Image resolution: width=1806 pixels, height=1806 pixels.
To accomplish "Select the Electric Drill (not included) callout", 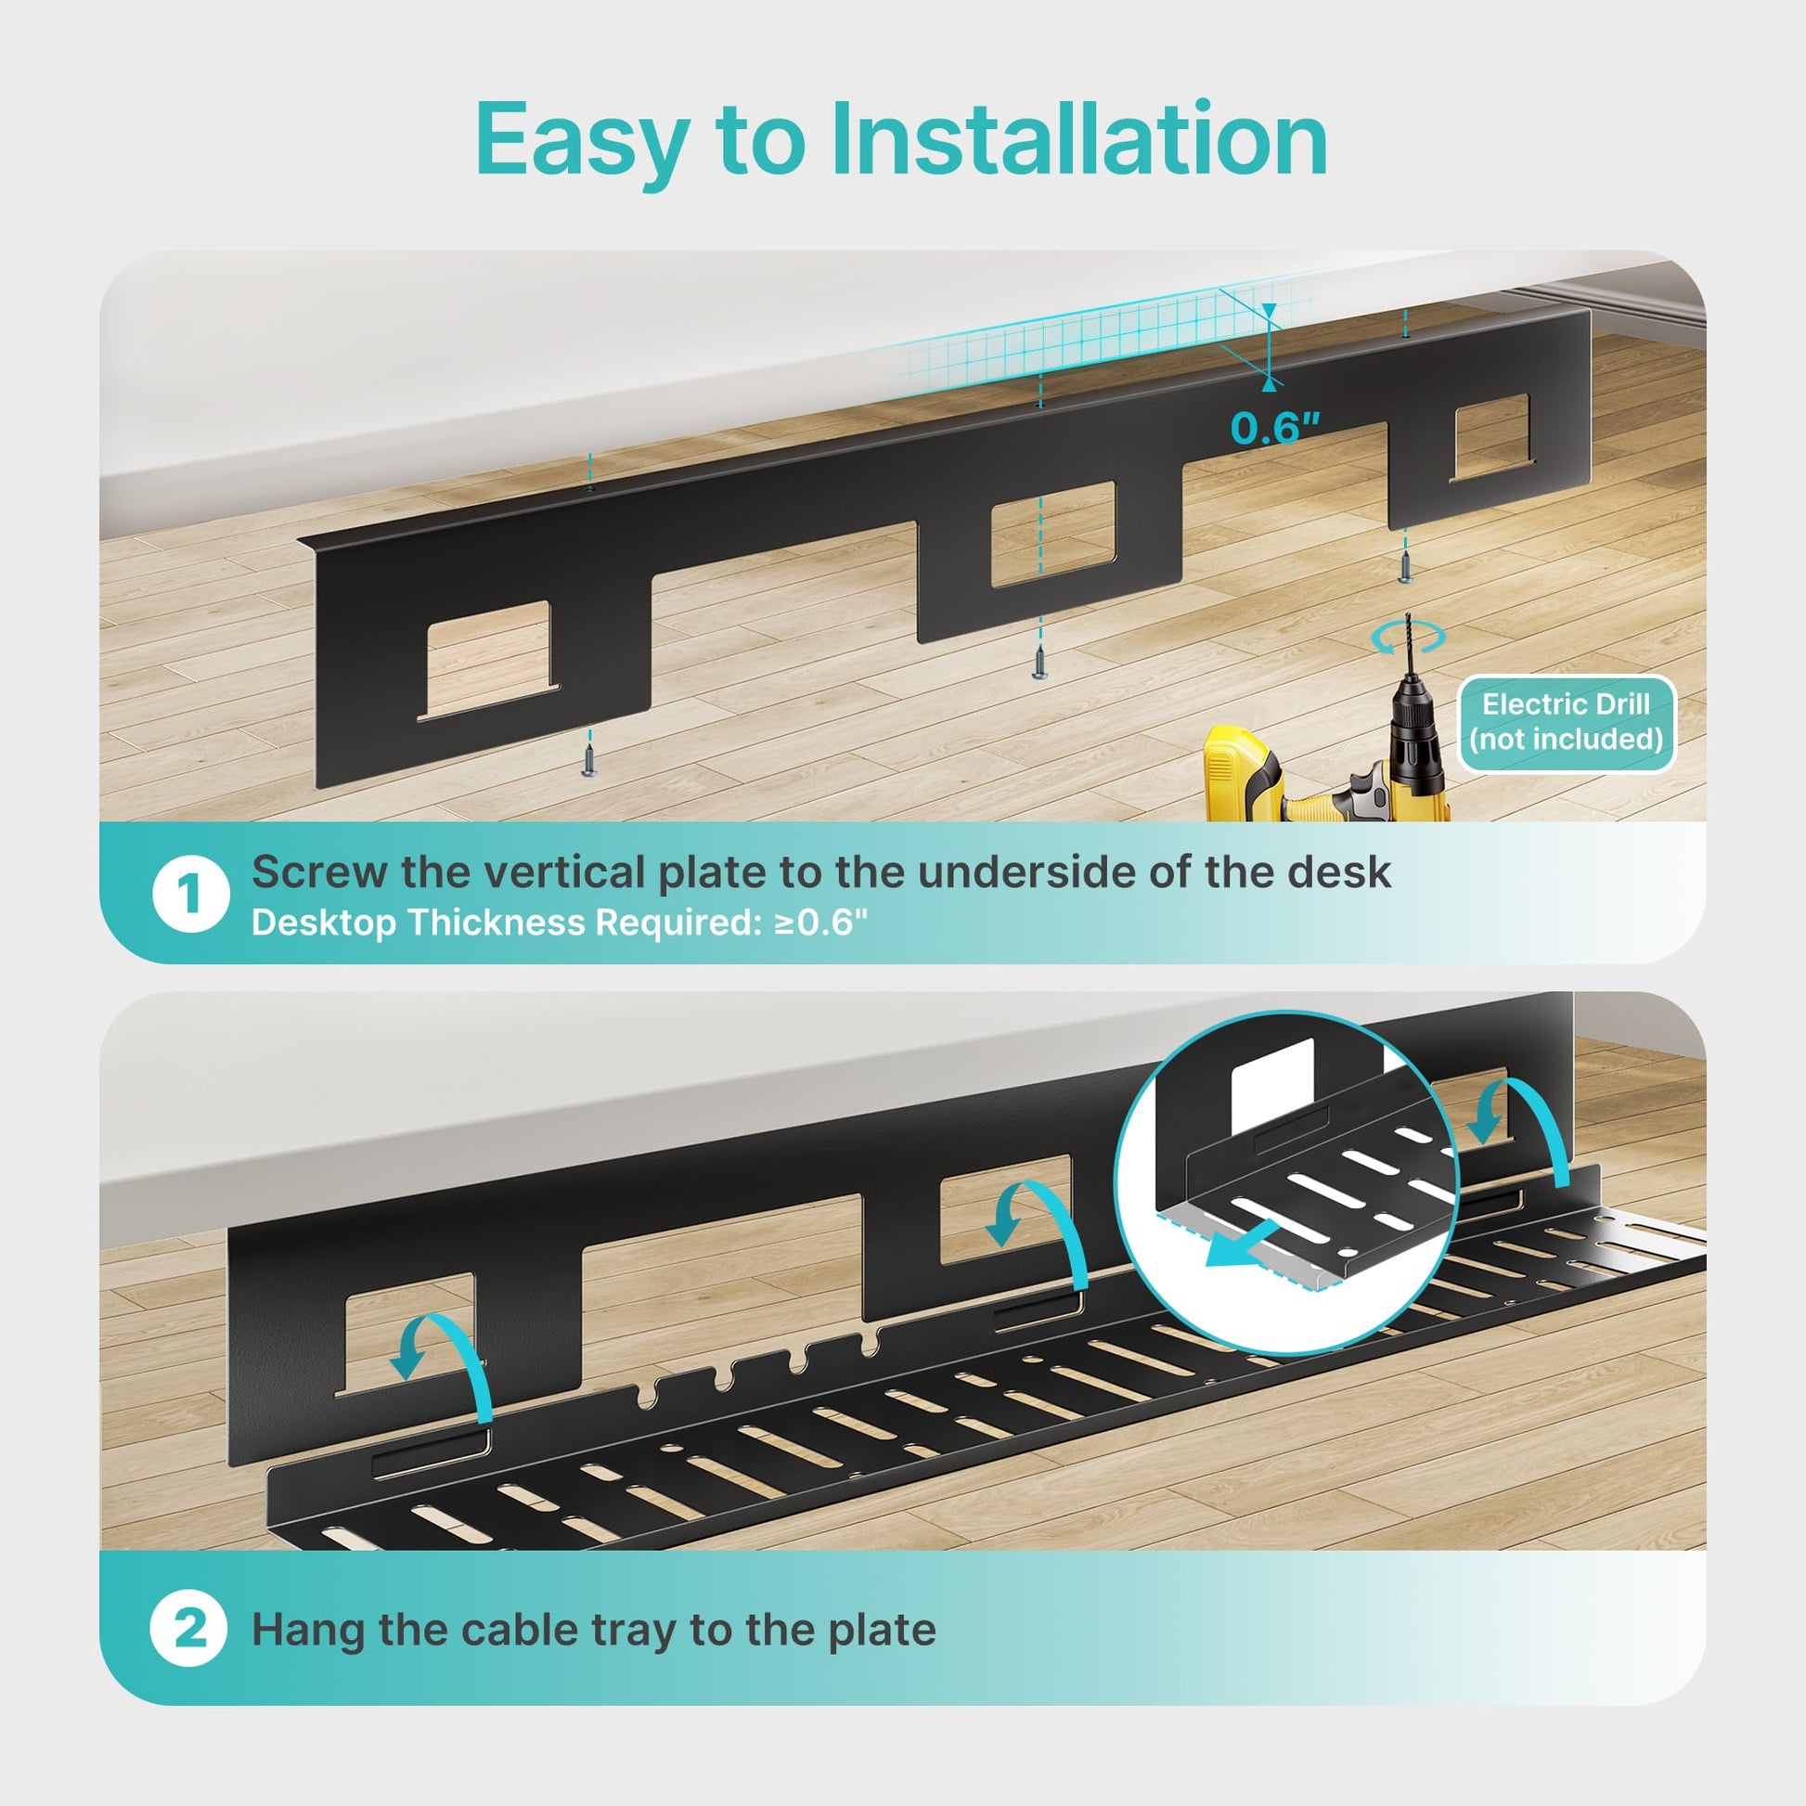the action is click(1566, 722).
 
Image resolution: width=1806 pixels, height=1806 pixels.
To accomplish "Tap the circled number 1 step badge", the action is click(190, 895).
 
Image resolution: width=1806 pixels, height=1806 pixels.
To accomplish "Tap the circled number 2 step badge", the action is click(188, 1630).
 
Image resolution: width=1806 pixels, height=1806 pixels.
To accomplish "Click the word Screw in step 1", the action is click(319, 872).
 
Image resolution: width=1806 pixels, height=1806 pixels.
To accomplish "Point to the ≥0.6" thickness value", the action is click(820, 922).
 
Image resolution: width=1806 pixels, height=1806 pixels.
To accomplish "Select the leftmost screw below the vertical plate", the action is click(589, 755).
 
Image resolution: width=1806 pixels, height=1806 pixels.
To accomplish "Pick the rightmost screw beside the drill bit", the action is click(1404, 564).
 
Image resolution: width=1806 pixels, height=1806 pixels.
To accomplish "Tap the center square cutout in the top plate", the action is click(1053, 535).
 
